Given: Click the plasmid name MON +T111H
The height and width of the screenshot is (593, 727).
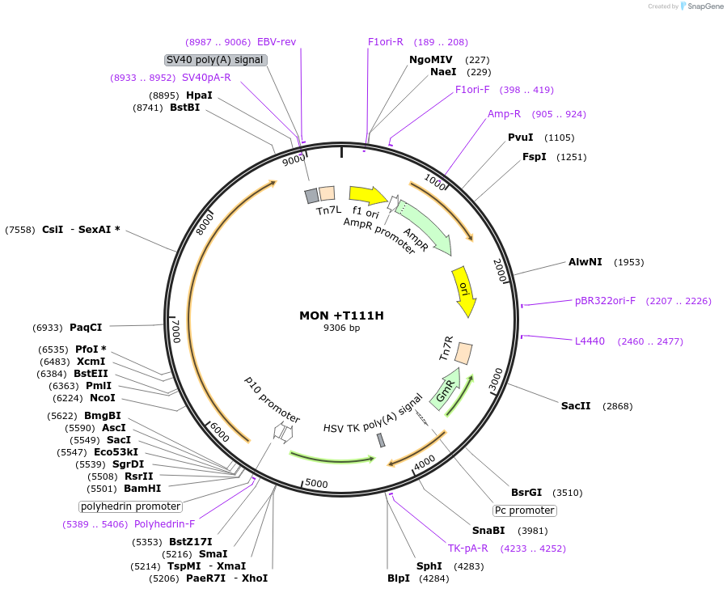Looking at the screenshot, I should pos(341,316).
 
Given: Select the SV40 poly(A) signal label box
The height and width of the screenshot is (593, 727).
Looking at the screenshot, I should pos(216,60).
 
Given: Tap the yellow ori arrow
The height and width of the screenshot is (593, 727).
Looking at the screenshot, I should pos(463,291).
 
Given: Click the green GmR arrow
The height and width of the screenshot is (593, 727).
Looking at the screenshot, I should pos(446,388).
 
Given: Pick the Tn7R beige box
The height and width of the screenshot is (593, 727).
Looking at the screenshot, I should pos(464,353).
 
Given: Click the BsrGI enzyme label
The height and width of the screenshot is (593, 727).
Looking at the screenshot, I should pos(526,492).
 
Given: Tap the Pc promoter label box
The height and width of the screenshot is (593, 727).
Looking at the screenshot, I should pos(525,510).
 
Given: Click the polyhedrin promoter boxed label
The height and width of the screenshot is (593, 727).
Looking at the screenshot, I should pos(130,506).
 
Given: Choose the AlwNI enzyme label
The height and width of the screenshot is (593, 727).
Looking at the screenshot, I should pos(585,262).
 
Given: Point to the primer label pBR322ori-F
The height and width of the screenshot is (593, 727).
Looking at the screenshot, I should pos(605,301).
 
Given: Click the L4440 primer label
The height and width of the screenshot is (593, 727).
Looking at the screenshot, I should pos(590,341).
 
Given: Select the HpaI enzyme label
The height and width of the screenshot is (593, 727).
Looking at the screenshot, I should pos(199,95).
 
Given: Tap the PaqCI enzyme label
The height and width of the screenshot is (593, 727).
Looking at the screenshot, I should pos(86,328).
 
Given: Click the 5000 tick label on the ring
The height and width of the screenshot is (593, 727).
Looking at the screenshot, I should pos(316,484).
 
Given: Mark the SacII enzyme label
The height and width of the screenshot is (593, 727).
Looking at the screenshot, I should pos(576,405).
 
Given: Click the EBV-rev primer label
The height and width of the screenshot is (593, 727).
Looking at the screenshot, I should pos(277,42).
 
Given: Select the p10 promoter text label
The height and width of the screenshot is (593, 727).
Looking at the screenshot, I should pos(273,398).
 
